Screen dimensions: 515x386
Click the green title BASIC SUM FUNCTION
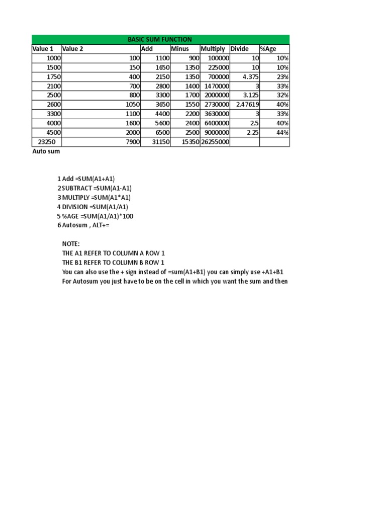160,39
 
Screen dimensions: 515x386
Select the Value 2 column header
73,49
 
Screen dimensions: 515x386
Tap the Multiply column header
213,49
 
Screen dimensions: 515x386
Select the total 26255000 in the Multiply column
215,142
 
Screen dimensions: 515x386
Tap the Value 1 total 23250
47,142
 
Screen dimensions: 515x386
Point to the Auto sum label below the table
46,151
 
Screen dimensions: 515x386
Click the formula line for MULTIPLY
94,197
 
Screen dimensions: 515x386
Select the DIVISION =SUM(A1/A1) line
93,207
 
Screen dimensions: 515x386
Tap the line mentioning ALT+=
83,225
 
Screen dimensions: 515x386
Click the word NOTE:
71,244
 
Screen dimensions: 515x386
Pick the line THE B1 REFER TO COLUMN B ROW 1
113,263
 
